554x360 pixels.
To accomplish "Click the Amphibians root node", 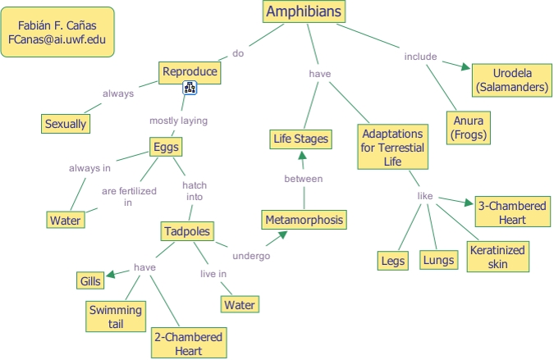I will click(x=304, y=11).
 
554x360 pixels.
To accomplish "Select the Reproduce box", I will click(x=190, y=71).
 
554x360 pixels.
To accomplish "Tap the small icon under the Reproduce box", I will click(x=190, y=88).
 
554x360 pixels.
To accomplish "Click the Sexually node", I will click(x=65, y=124).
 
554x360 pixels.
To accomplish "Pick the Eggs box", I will click(x=165, y=147).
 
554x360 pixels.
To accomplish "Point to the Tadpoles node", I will click(x=187, y=230).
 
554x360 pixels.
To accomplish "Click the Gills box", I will click(x=90, y=281).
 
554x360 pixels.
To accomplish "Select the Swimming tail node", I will click(x=115, y=317).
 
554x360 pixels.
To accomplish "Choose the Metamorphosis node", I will click(x=304, y=220).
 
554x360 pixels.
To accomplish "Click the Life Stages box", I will click(x=300, y=139).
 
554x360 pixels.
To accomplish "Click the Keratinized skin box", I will click(x=497, y=256).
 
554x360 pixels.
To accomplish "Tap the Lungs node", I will click(x=437, y=261).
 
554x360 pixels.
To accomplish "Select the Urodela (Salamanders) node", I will click(x=511, y=79).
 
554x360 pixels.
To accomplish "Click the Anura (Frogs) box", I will click(x=469, y=128).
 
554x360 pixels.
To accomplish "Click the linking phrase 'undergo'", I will click(x=251, y=255).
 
